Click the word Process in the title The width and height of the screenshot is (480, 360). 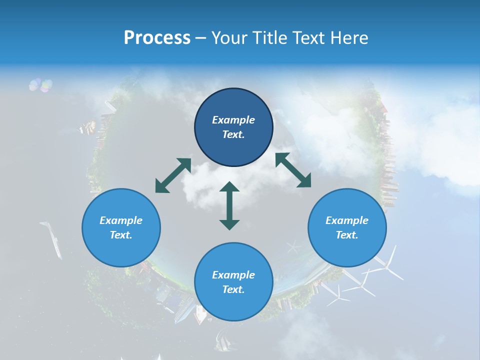pyautogui.click(x=157, y=38)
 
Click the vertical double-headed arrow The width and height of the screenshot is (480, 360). pyautogui.click(x=229, y=205)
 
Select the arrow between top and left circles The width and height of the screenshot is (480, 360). pyautogui.click(x=172, y=175)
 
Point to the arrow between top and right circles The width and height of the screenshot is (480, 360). pyautogui.click(x=293, y=170)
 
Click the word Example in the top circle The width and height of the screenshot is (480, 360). pyautogui.click(x=233, y=120)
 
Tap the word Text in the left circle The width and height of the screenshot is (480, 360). pyautogui.click(x=120, y=235)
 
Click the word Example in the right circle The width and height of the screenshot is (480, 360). pyautogui.click(x=347, y=220)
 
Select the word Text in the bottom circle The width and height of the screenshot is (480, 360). pyautogui.click(x=233, y=289)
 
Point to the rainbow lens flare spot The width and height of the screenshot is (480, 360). pyautogui.click(x=40, y=85)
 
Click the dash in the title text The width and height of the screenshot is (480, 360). pyautogui.click(x=201, y=38)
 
